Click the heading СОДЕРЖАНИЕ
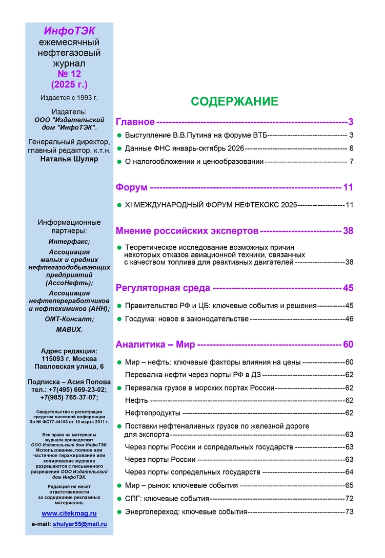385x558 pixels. click(x=234, y=101)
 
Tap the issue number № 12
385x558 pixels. click(x=69, y=74)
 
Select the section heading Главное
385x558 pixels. click(x=135, y=122)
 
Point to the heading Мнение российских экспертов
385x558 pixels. click(x=187, y=231)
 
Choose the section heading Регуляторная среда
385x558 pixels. click(x=163, y=288)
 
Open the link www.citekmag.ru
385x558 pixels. click(x=69, y=513)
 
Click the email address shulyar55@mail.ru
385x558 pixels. click(x=79, y=524)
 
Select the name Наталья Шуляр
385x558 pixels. click(x=69, y=159)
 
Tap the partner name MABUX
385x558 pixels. click(x=69, y=330)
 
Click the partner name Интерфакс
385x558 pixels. click(x=69, y=241)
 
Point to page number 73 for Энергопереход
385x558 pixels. click(x=350, y=511)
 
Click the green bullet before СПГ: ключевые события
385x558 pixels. click(x=119, y=498)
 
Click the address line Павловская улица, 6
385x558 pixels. click(x=69, y=367)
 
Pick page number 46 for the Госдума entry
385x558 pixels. click(x=350, y=319)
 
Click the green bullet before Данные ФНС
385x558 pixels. click(x=119, y=148)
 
